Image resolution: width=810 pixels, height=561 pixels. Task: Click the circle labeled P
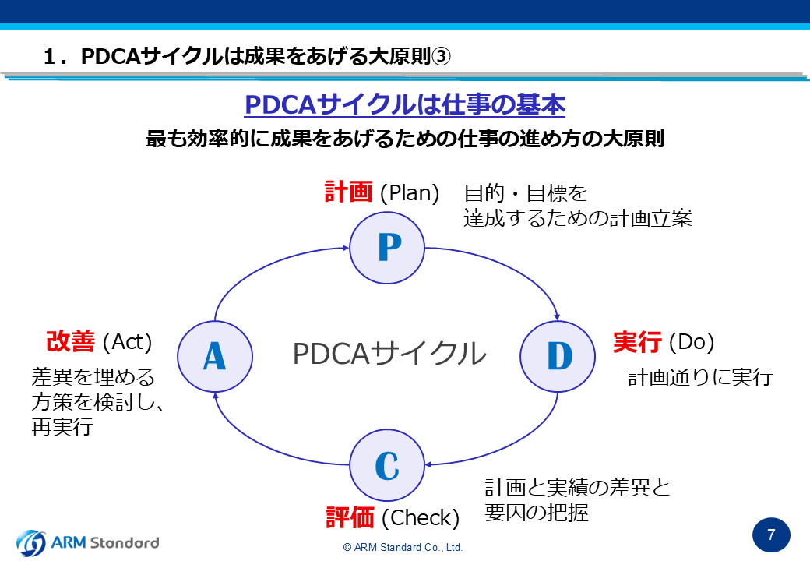pyautogui.click(x=387, y=248)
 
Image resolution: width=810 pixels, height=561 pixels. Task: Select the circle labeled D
pyautogui.click(x=558, y=356)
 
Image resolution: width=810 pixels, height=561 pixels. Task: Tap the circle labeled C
pyautogui.click(x=387, y=465)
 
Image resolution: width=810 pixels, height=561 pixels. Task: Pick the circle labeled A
pyautogui.click(x=215, y=356)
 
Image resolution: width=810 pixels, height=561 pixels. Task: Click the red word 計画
pyautogui.click(x=348, y=192)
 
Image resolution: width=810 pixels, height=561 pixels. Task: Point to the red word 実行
pyautogui.click(x=637, y=342)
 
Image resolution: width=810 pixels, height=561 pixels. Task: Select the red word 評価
pyautogui.click(x=350, y=517)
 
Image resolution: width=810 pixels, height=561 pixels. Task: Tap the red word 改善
pyautogui.click(x=70, y=341)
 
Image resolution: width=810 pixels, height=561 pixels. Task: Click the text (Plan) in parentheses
pyautogui.click(x=410, y=193)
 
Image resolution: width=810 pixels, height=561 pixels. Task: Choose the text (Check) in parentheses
pyautogui.click(x=421, y=518)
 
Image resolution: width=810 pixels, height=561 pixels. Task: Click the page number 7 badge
pyautogui.click(x=771, y=535)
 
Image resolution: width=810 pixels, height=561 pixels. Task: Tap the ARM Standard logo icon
pyautogui.click(x=31, y=543)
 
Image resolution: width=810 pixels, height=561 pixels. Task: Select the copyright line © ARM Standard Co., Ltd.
pyautogui.click(x=403, y=548)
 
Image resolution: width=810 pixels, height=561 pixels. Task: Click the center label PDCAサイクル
pyautogui.click(x=389, y=354)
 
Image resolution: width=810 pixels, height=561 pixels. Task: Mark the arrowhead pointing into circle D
pyautogui.click(x=556, y=316)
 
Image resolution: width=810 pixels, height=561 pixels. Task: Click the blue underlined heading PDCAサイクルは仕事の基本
pyautogui.click(x=405, y=104)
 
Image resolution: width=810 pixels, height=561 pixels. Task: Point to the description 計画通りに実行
pyautogui.click(x=700, y=377)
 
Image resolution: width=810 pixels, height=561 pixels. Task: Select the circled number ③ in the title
pyautogui.click(x=441, y=56)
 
